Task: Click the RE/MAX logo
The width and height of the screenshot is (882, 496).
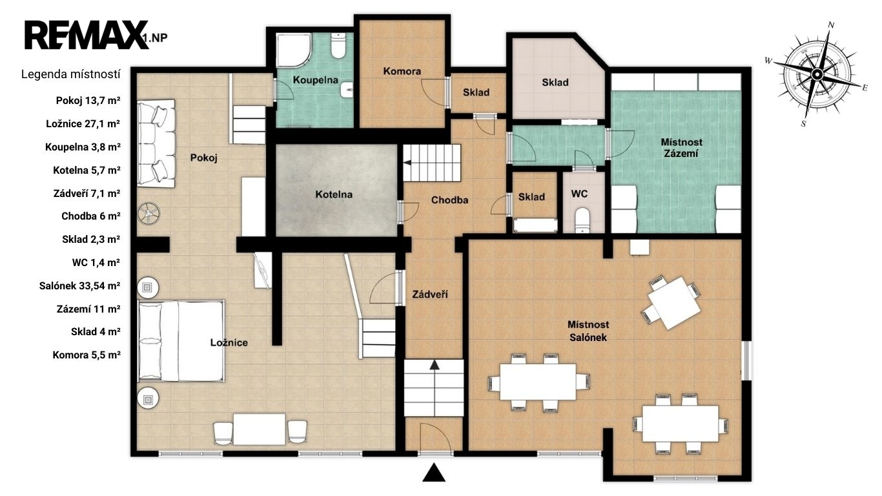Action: click(87, 35)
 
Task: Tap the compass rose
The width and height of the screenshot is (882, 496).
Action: click(817, 74)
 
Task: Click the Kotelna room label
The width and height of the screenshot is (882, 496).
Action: click(334, 194)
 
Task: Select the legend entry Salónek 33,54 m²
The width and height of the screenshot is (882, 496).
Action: click(79, 285)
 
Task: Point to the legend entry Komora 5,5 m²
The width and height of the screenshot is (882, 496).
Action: click(87, 355)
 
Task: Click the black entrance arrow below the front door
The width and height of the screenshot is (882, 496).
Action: click(434, 472)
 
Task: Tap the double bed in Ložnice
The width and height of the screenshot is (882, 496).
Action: click(181, 341)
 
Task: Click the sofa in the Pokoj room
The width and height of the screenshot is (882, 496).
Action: click(156, 143)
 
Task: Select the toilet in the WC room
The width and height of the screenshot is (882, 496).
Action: click(583, 220)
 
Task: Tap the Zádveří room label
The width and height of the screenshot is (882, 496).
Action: click(430, 294)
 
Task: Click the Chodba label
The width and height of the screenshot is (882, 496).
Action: click(449, 200)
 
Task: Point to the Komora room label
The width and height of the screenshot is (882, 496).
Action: click(402, 71)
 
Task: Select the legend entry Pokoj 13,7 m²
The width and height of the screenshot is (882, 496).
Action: click(88, 101)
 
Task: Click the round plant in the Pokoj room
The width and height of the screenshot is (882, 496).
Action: click(149, 214)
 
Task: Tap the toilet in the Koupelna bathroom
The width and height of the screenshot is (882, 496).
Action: click(338, 46)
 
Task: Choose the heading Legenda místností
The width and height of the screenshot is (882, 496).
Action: click(71, 74)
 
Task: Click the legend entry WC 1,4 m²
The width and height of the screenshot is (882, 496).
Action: click(96, 262)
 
